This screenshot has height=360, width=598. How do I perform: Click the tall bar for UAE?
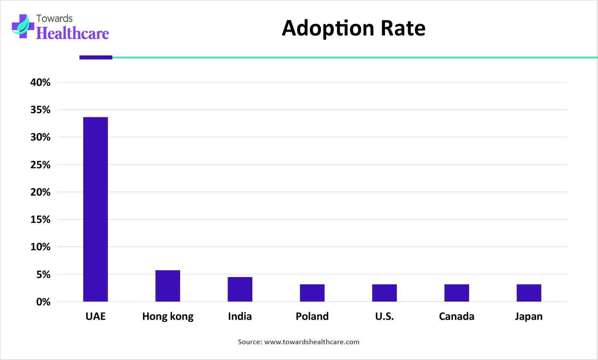click(x=96, y=209)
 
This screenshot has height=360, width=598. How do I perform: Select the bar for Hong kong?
click(x=168, y=286)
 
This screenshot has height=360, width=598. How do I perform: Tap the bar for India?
click(x=240, y=289)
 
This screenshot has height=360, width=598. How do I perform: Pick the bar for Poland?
click(x=312, y=293)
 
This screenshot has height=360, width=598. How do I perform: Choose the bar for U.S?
click(x=384, y=293)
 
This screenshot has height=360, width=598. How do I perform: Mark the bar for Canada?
click(x=456, y=293)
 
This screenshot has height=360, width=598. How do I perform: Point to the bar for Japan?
click(x=529, y=293)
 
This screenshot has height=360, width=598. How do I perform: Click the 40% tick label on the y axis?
click(x=40, y=82)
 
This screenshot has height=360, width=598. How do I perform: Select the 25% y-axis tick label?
click(x=40, y=165)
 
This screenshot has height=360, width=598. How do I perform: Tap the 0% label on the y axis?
click(x=43, y=302)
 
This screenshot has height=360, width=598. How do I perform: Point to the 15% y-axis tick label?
click(x=40, y=220)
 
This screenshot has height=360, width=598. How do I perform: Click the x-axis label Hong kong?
click(x=168, y=316)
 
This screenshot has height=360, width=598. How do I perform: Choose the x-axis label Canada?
click(x=456, y=316)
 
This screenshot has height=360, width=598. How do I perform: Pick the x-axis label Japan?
click(x=528, y=316)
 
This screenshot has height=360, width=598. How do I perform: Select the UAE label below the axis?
click(x=96, y=316)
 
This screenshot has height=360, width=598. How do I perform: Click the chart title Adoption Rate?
click(x=353, y=28)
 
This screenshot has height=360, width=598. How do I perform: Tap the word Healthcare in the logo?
click(x=73, y=33)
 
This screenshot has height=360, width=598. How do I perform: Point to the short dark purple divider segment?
click(x=96, y=57)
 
